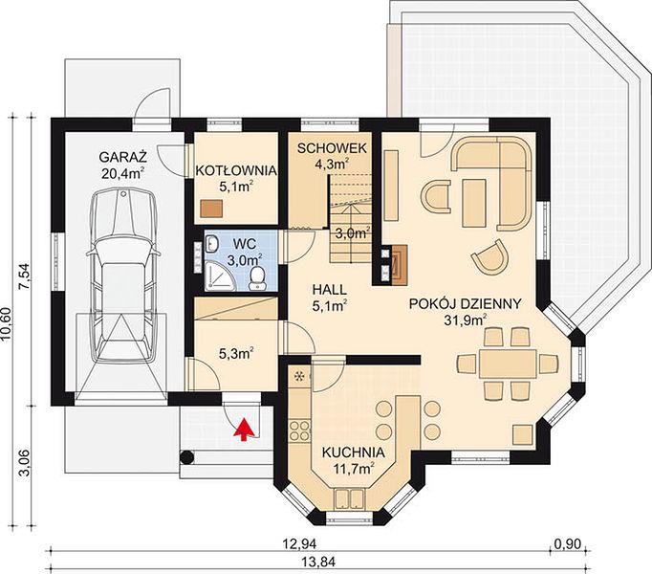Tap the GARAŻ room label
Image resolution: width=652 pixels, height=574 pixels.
pyautogui.click(x=123, y=157)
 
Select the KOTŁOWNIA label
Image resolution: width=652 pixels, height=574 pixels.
pyautogui.click(x=236, y=170)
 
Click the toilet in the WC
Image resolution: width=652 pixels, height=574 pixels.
pyautogui.click(x=258, y=278)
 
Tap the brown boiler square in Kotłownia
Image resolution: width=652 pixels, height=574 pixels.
pyautogui.click(x=211, y=209)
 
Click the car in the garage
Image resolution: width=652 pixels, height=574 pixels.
pyautogui.click(x=123, y=276)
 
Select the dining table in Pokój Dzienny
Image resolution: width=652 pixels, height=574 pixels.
pyautogui.click(x=507, y=364)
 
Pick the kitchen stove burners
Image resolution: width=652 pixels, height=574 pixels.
pyautogui.click(x=300, y=430)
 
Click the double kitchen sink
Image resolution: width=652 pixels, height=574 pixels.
pyautogui.click(x=350, y=499)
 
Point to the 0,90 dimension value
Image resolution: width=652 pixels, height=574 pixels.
pyautogui.click(x=568, y=543)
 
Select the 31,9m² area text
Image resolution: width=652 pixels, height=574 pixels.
pyautogui.click(x=466, y=320)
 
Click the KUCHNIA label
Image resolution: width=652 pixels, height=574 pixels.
pyautogui.click(x=354, y=453)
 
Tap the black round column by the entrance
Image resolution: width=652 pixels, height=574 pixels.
pyautogui.click(x=186, y=458)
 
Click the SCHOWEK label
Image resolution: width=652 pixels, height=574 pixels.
pyautogui.click(x=332, y=148)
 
